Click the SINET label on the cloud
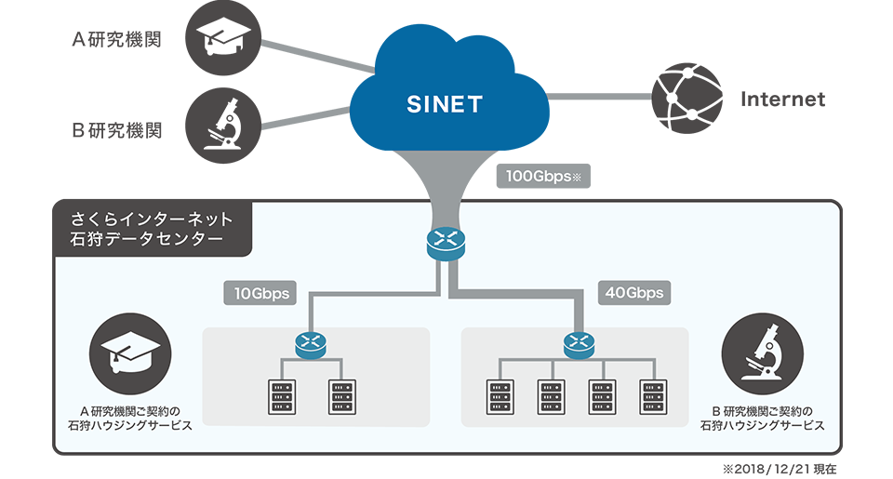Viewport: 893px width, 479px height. pyautogui.click(x=445, y=105)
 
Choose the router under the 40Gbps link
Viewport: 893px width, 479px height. pyautogui.click(x=578, y=345)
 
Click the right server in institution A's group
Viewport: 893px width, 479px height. pyautogui.click(x=341, y=396)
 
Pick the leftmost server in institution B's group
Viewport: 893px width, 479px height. pyautogui.click(x=500, y=396)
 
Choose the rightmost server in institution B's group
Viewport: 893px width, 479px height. pyautogui.click(x=653, y=396)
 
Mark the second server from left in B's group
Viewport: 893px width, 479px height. pyautogui.click(x=551, y=396)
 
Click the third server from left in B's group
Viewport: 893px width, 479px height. pyautogui.click(x=602, y=396)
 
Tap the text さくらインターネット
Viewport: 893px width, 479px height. pyautogui.click(x=151, y=220)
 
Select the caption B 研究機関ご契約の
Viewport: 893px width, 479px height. pyautogui.click(x=762, y=410)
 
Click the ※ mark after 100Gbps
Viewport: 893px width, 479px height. pyautogui.click(x=577, y=175)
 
